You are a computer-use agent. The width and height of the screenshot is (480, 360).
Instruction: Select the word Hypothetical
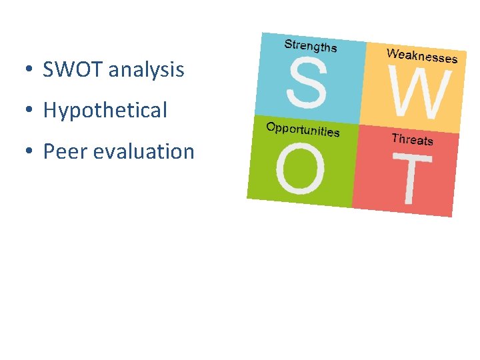105,111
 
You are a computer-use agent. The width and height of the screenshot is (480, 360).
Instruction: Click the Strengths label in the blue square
311,46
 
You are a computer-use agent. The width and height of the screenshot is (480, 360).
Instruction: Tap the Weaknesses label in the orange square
422,55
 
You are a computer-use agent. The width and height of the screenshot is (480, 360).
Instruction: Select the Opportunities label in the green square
303,129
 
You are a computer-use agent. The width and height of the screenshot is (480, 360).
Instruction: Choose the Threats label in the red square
412,139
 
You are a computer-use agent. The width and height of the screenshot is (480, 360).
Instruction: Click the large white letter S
307,83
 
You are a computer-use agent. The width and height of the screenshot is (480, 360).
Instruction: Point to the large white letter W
419,95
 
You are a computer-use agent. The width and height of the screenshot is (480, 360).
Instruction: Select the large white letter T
412,179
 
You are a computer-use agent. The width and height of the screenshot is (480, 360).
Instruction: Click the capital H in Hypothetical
49,111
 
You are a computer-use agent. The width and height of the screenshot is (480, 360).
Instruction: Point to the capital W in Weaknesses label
392,52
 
